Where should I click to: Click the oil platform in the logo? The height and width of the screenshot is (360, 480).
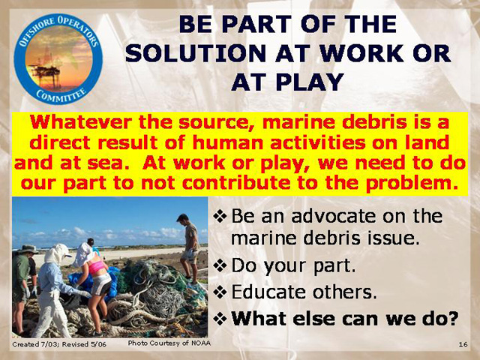45,72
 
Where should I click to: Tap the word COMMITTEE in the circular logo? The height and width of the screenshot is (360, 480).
61,95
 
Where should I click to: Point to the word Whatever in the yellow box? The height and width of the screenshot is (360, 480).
82,122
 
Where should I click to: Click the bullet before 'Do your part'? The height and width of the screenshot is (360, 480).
220,265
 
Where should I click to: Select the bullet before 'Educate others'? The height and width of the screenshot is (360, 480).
220,292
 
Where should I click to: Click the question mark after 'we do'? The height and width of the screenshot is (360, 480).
451,318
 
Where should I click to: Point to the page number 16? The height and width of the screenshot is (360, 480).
463,344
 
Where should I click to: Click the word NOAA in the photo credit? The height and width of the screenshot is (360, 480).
201,343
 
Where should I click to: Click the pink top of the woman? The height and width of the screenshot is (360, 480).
96,267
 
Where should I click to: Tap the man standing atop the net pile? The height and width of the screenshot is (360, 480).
189,248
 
